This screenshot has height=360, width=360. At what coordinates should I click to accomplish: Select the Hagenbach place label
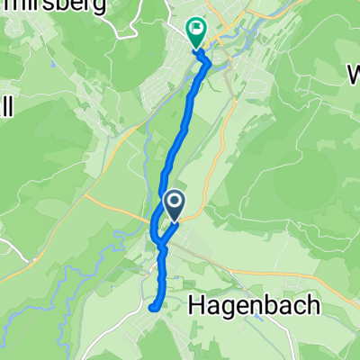click(255, 306)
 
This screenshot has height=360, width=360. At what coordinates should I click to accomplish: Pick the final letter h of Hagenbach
click(312, 305)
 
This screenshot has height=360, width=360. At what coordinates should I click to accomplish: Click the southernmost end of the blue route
click(155, 309)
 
